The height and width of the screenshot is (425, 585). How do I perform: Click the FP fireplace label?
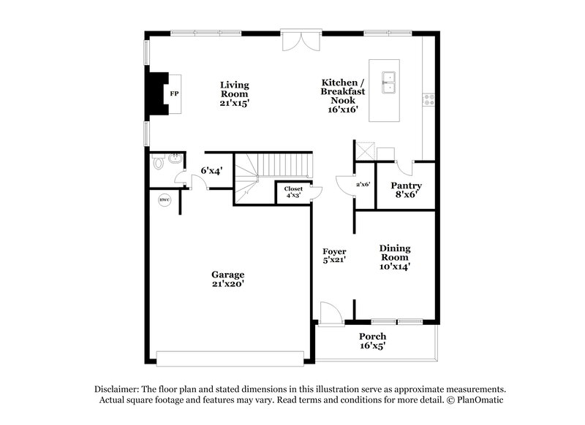coord(174,95)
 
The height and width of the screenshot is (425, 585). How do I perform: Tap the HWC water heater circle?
coord(164,199)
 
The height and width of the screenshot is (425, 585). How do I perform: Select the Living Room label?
coord(234,94)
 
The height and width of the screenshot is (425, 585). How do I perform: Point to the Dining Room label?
coord(395,257)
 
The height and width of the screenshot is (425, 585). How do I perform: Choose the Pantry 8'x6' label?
coord(406,190)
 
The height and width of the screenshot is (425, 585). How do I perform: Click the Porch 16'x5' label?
coord(372,341)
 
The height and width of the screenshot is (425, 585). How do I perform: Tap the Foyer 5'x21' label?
coord(333,256)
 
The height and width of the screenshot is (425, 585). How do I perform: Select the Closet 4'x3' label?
coord(293,192)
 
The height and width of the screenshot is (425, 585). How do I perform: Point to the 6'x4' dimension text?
coord(211,171)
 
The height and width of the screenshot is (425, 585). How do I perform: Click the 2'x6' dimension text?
coord(363,185)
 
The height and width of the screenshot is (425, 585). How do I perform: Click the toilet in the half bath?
coord(158,163)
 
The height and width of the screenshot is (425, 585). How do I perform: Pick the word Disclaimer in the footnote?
coord(118,390)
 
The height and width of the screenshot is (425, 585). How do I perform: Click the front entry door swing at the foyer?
coord(331,313)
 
